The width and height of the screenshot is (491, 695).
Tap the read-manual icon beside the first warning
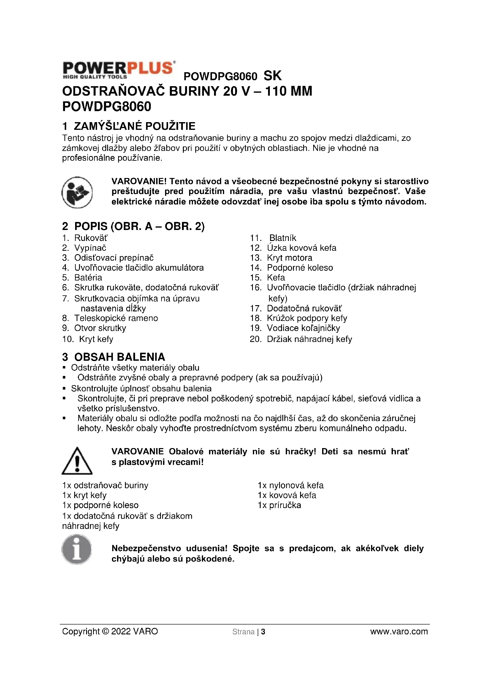coord(77,192)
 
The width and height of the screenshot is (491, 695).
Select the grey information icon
coord(77,549)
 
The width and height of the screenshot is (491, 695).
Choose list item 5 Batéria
coord(82,278)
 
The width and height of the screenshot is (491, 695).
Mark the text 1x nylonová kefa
coord(291,485)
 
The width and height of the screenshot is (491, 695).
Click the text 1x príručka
coord(279,505)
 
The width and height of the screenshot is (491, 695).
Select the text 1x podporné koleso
coord(100,505)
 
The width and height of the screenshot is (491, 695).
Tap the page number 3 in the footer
coord(263,632)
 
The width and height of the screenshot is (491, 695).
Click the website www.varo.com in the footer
coord(399,631)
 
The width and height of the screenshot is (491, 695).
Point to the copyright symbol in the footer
coord(105,631)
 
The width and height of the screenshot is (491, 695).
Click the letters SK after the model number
coord(273,76)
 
